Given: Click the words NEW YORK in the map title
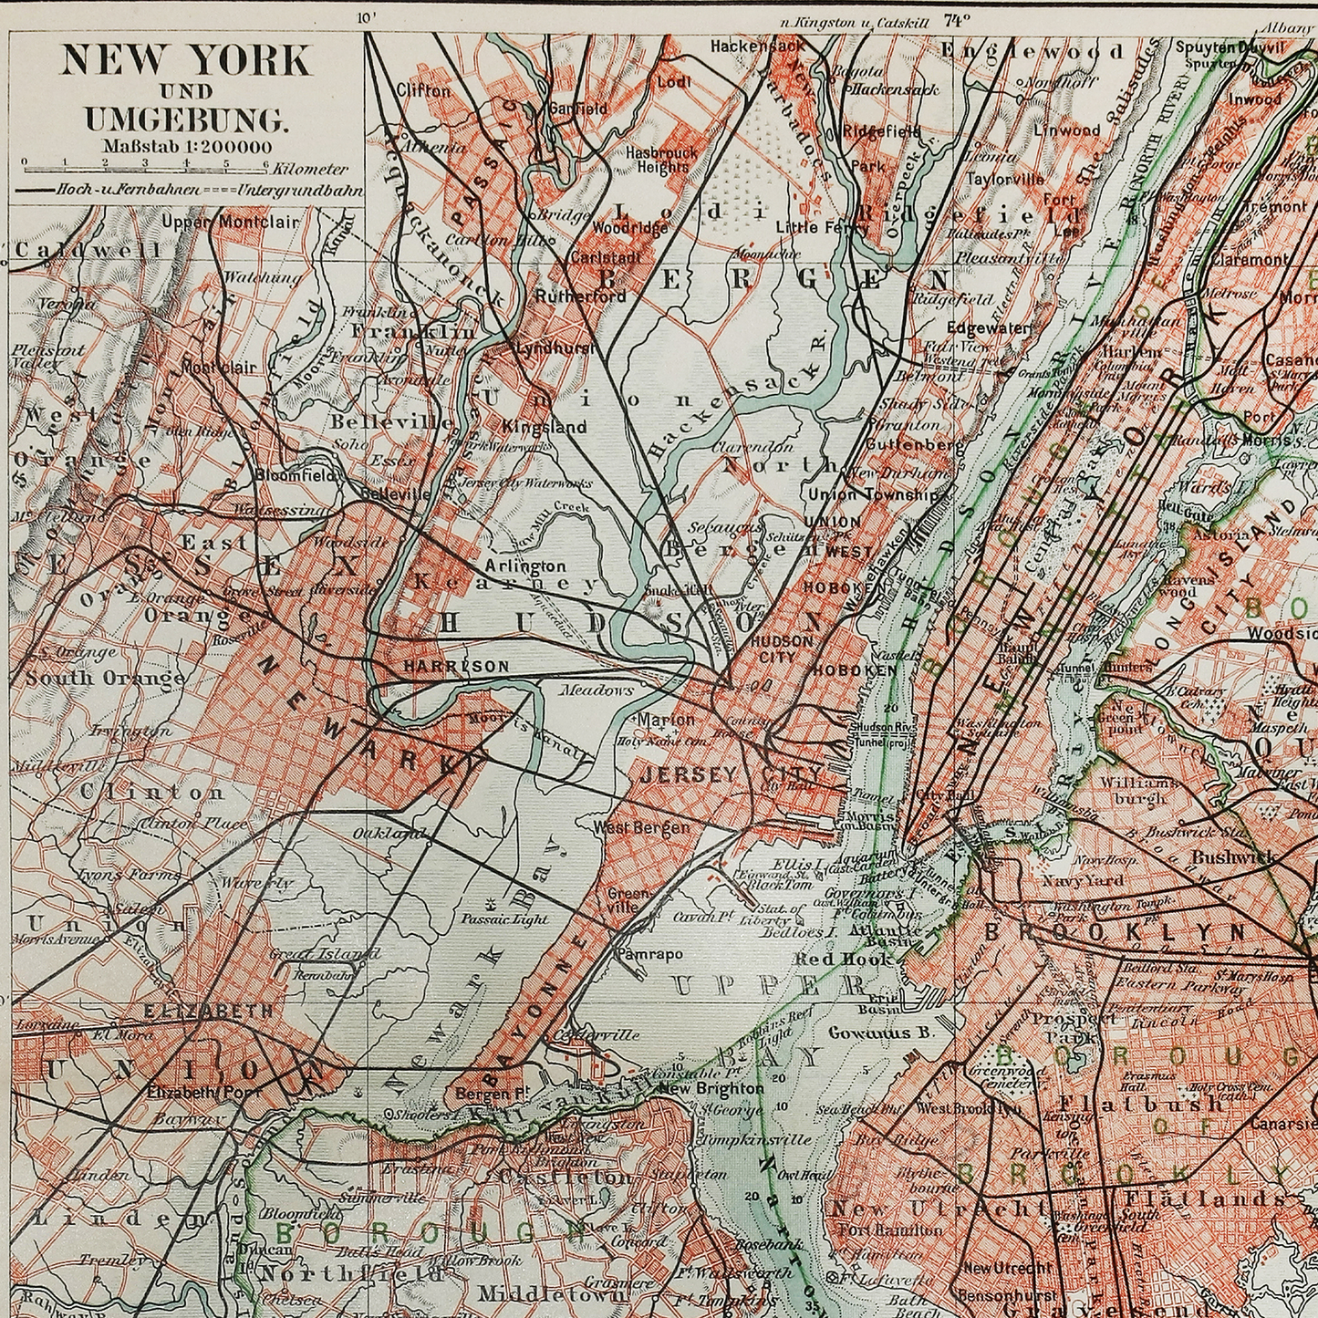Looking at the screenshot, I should click(185, 61).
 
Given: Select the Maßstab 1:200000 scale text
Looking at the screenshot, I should click(186, 145).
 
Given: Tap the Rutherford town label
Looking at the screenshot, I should click(580, 296).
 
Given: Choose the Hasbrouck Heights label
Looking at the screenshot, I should click(662, 161).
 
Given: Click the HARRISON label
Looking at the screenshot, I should click(456, 667).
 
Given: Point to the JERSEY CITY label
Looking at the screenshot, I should click(730, 775).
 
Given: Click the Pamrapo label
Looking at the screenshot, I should click(649, 954).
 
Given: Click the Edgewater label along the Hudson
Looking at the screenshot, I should click(988, 327).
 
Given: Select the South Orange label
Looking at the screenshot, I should click(105, 678).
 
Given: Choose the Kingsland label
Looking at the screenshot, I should click(544, 426).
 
